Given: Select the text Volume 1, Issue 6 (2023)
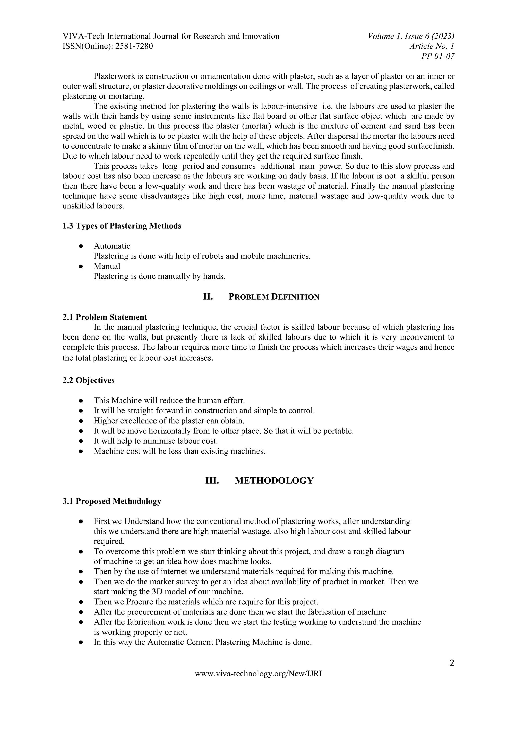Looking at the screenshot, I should (x=411, y=36).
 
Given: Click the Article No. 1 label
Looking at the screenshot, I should (x=432, y=46).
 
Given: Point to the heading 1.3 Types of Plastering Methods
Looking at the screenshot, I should (x=122, y=226).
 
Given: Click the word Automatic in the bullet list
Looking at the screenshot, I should (x=112, y=246).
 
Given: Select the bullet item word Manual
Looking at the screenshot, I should (x=107, y=266).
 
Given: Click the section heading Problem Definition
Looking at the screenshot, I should (x=274, y=297).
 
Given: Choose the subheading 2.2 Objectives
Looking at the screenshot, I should (x=89, y=380).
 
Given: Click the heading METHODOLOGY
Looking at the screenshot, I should (x=274, y=480).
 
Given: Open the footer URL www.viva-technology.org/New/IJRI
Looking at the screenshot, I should (x=258, y=674).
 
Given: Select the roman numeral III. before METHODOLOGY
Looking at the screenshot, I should (x=212, y=480).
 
